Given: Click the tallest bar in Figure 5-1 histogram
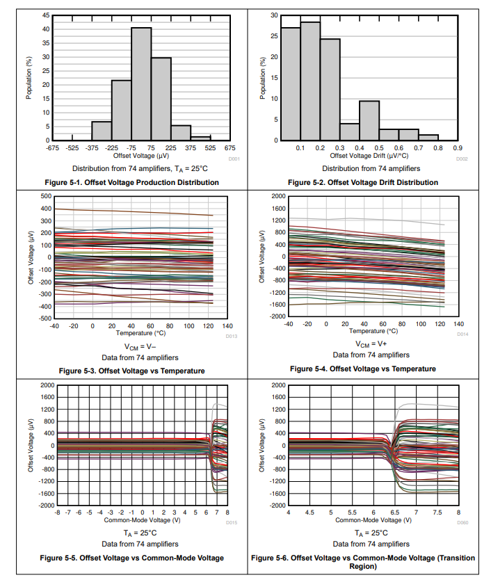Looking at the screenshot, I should click(141, 83).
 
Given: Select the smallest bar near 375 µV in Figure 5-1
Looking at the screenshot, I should click(201, 138).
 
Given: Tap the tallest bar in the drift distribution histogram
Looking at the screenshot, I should click(310, 81).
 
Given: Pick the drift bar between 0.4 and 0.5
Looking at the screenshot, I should click(369, 120).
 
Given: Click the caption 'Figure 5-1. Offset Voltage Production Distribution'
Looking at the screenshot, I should click(131, 182).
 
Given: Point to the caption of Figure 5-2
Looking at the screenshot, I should click(363, 182).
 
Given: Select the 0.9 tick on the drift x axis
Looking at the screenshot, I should click(458, 148).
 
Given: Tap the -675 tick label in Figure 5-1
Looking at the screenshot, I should click(52, 148).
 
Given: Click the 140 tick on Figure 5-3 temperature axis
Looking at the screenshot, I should click(227, 325).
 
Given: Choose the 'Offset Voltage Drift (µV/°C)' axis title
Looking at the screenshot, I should click(369, 156).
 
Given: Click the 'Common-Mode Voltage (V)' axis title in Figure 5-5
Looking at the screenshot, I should click(142, 519).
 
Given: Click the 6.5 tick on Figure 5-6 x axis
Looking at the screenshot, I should click(394, 512).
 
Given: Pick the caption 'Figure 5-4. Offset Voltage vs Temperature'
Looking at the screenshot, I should click(363, 369).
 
